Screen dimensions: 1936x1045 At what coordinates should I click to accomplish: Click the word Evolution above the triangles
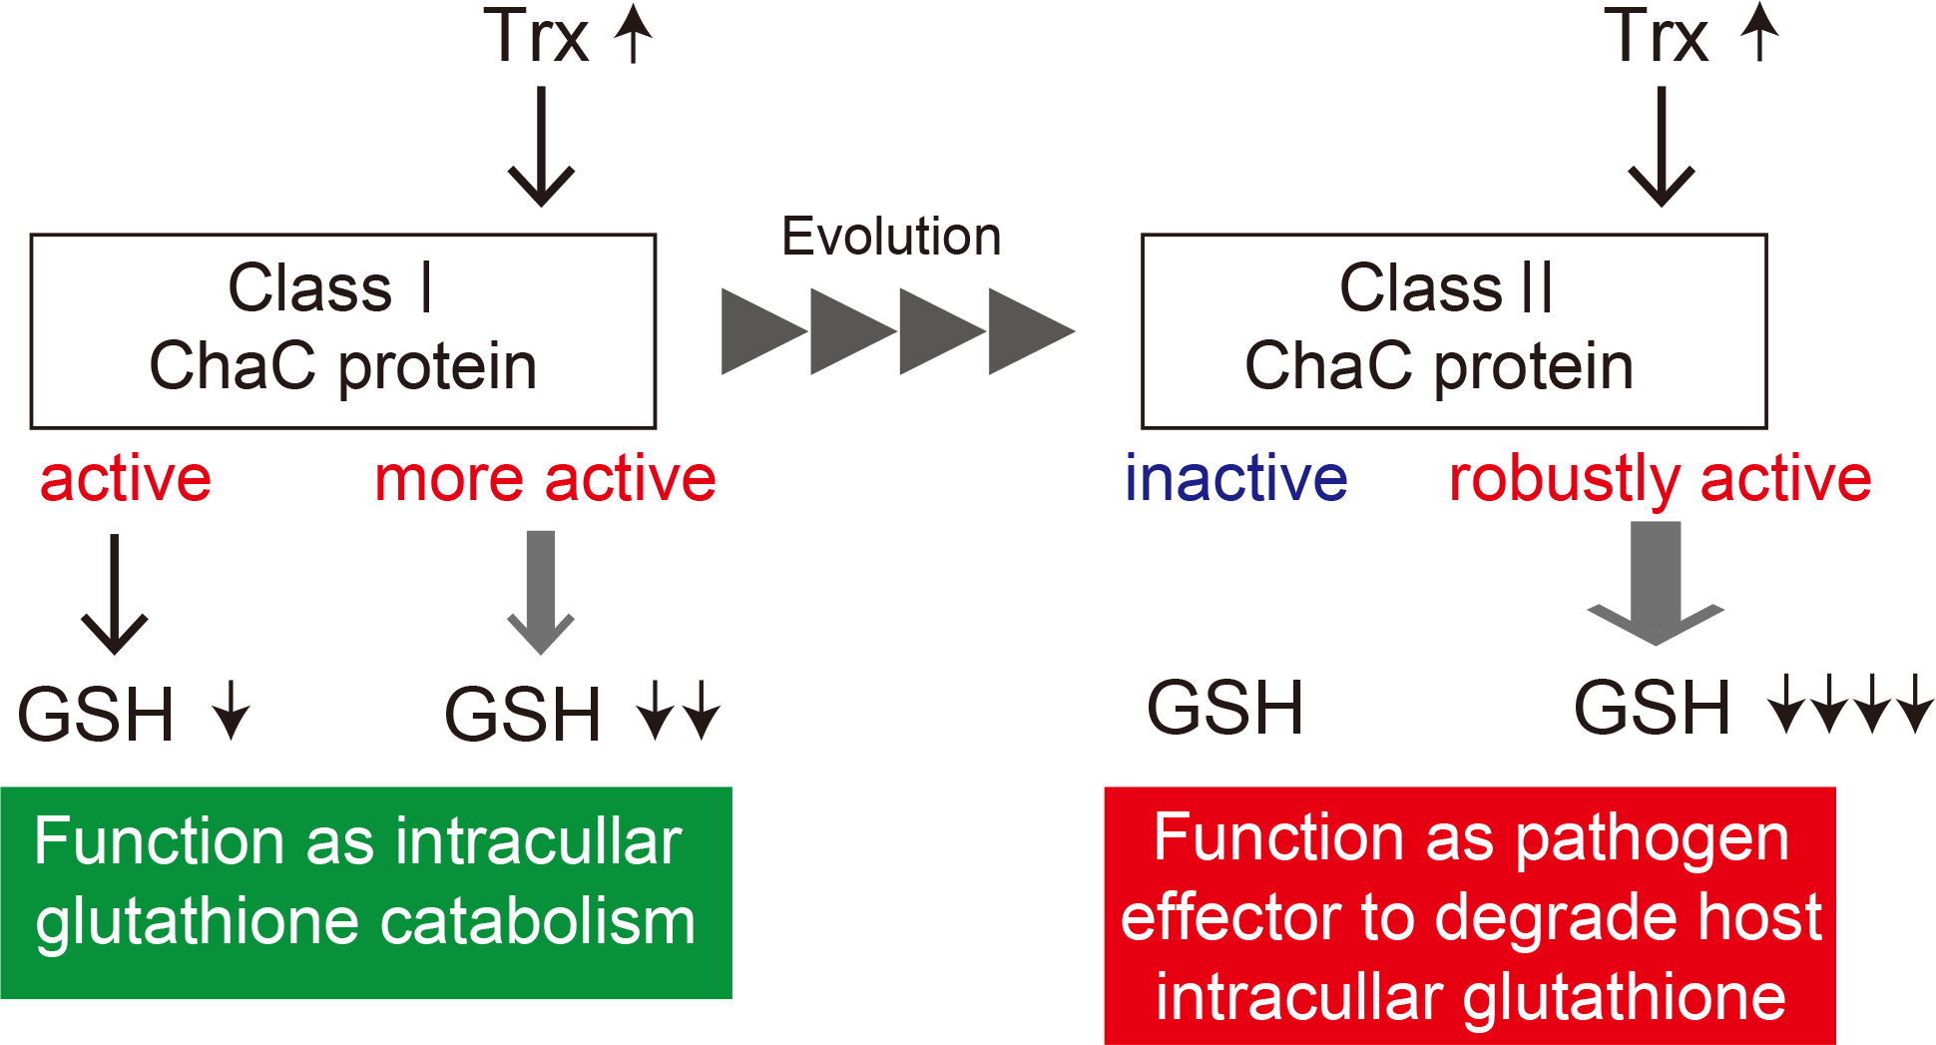[x=891, y=237]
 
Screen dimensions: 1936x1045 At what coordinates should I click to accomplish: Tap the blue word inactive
[x=1236, y=478]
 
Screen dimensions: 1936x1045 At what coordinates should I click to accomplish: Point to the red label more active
[x=545, y=479]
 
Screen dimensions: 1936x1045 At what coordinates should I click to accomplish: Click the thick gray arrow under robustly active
[x=1656, y=583]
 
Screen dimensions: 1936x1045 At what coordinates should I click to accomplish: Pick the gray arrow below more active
[x=541, y=592]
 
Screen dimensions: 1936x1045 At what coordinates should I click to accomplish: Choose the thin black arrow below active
[x=115, y=594]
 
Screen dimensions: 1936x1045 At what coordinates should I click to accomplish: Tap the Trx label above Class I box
[x=536, y=36]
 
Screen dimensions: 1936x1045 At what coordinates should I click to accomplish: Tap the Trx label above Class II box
[x=1657, y=36]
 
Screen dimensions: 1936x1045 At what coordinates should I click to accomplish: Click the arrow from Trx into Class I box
[x=541, y=147]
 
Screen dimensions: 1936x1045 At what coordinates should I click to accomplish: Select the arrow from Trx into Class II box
[x=1662, y=147]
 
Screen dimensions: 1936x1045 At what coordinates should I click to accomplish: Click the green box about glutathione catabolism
[x=366, y=892]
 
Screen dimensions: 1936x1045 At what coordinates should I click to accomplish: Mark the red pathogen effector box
[x=1470, y=915]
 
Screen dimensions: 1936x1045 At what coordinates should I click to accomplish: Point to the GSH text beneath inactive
[x=1225, y=709]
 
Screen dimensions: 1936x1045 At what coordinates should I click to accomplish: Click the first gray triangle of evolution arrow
[x=764, y=331]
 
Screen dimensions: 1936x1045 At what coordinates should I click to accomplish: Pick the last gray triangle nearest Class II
[x=1032, y=331]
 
